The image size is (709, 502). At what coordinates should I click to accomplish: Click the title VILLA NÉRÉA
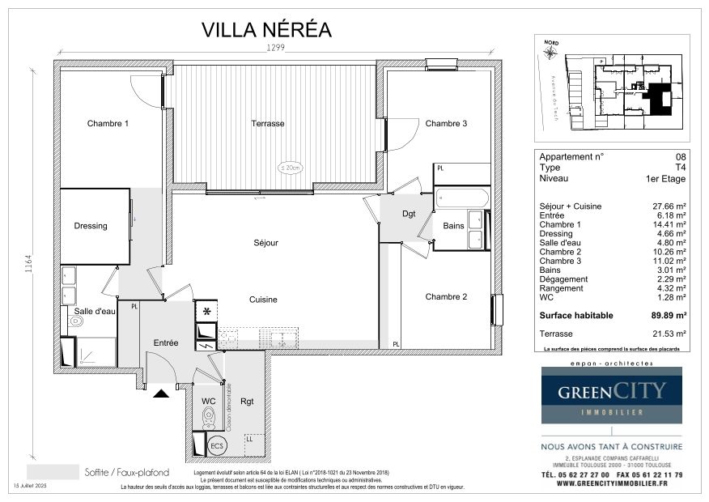tap(266, 30)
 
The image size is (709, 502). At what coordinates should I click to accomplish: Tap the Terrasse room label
tap(267, 124)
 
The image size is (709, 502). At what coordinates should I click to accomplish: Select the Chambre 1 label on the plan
tap(108, 124)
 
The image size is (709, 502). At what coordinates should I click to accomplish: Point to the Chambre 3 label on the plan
tap(446, 124)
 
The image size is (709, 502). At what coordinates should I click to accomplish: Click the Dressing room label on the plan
tap(91, 226)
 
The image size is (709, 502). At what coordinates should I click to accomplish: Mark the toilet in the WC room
tap(209, 417)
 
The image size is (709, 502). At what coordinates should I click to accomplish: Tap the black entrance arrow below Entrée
tap(162, 394)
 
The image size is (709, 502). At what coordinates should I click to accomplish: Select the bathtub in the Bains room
tap(461, 198)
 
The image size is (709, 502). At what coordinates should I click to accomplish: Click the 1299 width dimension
tap(277, 49)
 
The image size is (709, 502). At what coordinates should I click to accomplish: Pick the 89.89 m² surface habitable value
tap(669, 316)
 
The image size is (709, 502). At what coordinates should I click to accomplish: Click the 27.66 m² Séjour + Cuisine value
tap(670, 206)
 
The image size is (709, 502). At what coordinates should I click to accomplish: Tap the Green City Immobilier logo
tap(611, 394)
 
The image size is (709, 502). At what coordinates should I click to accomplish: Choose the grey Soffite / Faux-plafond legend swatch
tap(52, 471)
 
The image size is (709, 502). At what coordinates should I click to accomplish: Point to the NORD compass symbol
tap(551, 53)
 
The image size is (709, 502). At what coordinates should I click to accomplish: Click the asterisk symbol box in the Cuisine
tap(206, 311)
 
